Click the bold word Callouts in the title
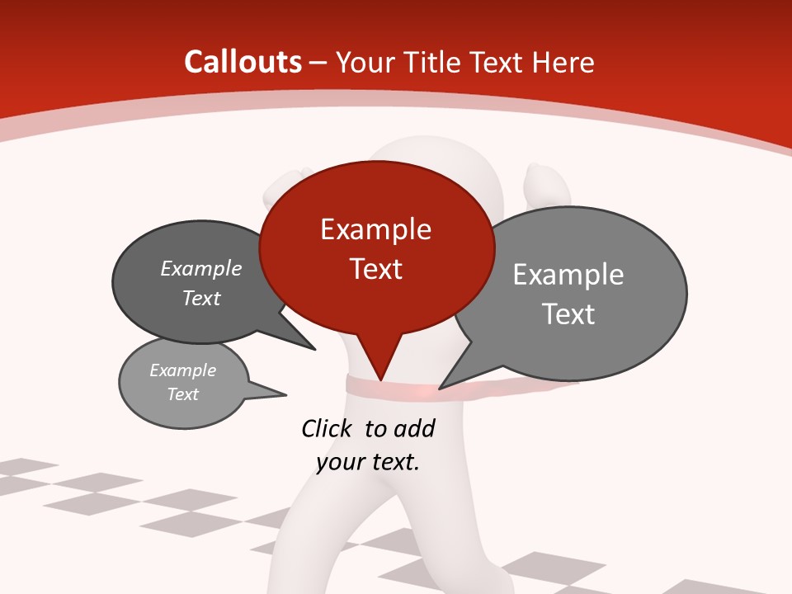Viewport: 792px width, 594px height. coord(243,62)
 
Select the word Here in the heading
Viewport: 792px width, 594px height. coord(563,62)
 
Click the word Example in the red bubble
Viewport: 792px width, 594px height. coord(375,229)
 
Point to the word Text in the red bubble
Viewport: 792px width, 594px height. coord(375,269)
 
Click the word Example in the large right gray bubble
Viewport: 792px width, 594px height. coord(568,275)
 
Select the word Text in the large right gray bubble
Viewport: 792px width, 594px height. coord(568,314)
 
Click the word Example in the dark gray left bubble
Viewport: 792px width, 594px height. coord(201,269)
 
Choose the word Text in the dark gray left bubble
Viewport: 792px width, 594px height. coord(201,299)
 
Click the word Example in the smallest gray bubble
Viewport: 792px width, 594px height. coord(182,370)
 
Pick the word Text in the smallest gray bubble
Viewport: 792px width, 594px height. coord(182,394)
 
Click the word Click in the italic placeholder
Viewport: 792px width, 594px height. coord(328,428)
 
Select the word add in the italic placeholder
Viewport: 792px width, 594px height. coord(414,428)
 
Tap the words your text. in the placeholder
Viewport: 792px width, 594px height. coord(368,462)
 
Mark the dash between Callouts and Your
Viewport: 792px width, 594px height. coord(318,63)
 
